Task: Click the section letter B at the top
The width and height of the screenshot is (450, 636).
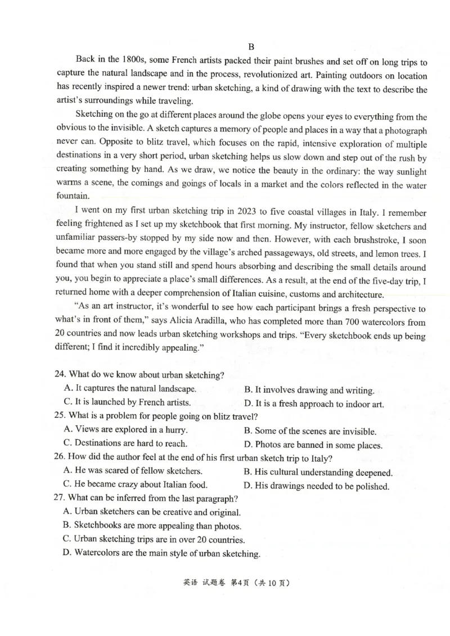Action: tap(251, 47)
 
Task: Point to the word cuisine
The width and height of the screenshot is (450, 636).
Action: tap(279, 294)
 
